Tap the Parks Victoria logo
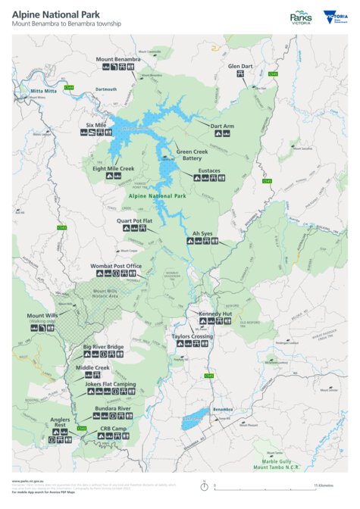point(302,17)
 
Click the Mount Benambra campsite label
point(118,58)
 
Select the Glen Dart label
point(240,66)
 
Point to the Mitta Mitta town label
point(43,91)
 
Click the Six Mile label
point(95,124)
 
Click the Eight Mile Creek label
point(113,168)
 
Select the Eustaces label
point(209,170)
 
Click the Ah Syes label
point(202,233)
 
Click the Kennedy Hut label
point(214,313)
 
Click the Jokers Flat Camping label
point(111,385)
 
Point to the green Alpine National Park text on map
point(158,196)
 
